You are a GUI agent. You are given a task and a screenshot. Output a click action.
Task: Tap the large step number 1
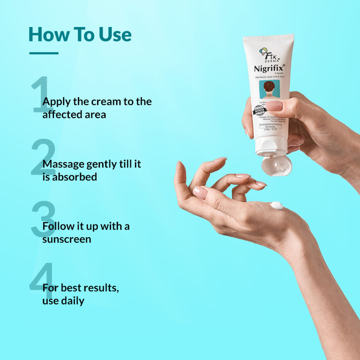41,95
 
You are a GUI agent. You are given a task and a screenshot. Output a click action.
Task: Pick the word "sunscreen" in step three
67,239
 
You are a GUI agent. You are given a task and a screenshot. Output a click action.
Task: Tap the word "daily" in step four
72,301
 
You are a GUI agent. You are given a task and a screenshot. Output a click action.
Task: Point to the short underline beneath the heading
44,53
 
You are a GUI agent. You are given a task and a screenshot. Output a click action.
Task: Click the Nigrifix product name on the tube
270,69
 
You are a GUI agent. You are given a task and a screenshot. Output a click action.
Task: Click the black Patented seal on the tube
260,111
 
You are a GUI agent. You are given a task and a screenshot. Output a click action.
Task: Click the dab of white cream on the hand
276,206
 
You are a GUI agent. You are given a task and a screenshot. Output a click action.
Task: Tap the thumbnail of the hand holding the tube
275,106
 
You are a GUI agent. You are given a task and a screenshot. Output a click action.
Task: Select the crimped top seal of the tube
269,38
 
